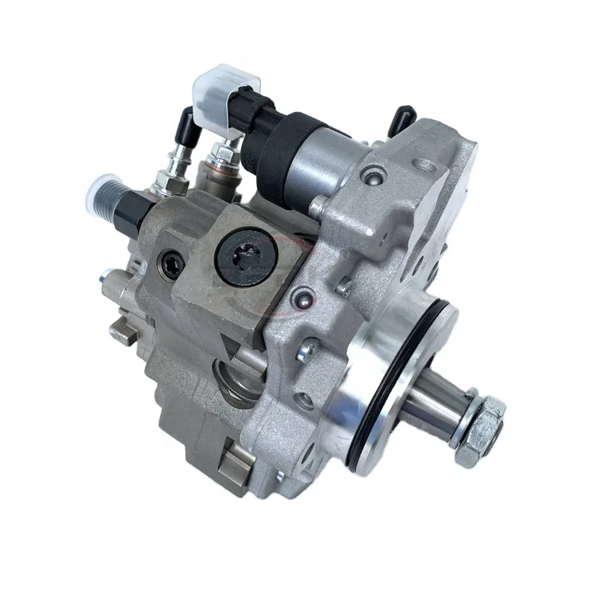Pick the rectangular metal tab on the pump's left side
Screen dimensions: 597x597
pos(124,333)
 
